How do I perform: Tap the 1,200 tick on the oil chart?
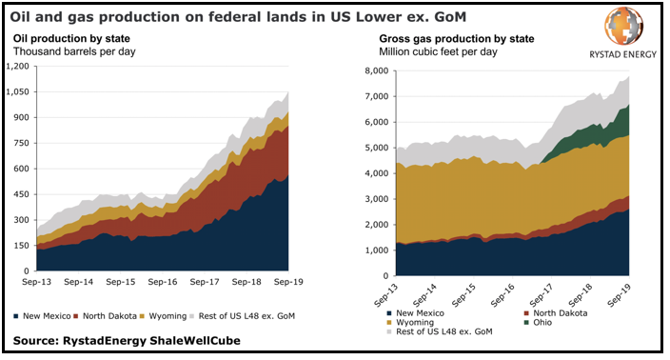click(x=18, y=66)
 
